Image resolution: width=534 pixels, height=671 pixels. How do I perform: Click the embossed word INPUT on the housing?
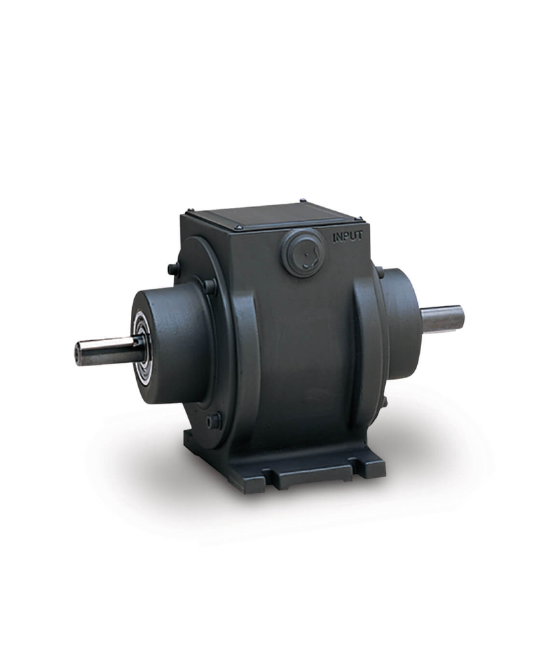pos(347,236)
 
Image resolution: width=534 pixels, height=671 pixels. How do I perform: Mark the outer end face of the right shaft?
pos(461,317)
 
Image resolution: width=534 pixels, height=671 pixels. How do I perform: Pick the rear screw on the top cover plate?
pos(302,200)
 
